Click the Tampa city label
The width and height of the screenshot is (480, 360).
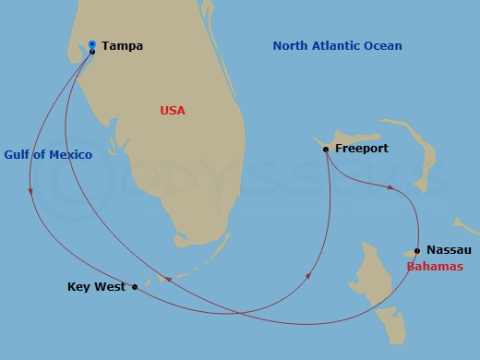[x=123, y=45]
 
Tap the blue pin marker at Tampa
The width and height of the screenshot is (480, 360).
[x=92, y=42]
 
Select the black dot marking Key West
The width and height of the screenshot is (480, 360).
[x=135, y=286]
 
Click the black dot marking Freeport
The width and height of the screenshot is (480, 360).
[x=326, y=149]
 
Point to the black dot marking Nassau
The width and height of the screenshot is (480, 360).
[x=417, y=250]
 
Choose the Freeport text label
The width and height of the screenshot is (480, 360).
[x=362, y=148]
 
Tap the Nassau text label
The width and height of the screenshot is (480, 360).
[x=450, y=250]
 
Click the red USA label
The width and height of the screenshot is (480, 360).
[x=173, y=111]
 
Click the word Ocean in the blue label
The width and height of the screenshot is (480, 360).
[x=384, y=45]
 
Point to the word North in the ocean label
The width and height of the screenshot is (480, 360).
[x=292, y=45]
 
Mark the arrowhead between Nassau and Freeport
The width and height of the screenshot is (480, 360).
[x=390, y=188]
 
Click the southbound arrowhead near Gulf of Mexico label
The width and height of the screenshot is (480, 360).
[x=30, y=192]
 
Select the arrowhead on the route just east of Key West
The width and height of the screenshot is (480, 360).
[x=168, y=279]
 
